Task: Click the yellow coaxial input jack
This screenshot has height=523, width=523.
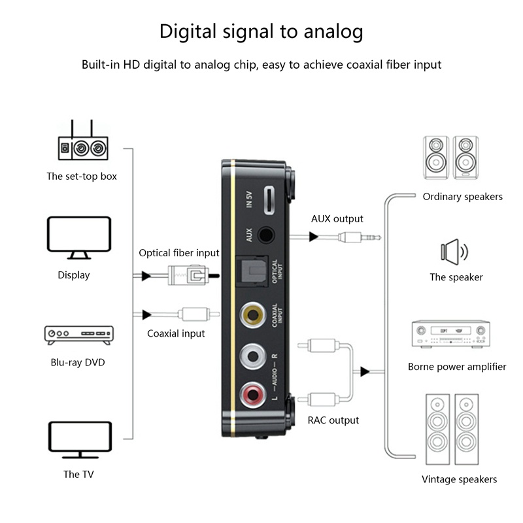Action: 252,315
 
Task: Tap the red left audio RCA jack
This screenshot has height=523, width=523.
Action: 252,394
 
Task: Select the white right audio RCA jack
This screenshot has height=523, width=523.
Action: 252,356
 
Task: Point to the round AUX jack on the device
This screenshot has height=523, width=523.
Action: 266,234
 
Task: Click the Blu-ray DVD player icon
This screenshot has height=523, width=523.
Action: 78,335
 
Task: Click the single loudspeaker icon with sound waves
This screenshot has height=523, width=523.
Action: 455,251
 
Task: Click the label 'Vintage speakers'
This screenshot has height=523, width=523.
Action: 459,479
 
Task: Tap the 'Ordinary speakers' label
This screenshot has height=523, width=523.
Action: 462,196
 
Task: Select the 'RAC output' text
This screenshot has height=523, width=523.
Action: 333,420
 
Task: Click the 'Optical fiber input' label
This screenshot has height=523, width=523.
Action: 179,253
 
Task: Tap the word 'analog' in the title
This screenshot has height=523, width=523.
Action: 329,31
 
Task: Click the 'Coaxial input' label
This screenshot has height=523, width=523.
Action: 176,333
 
